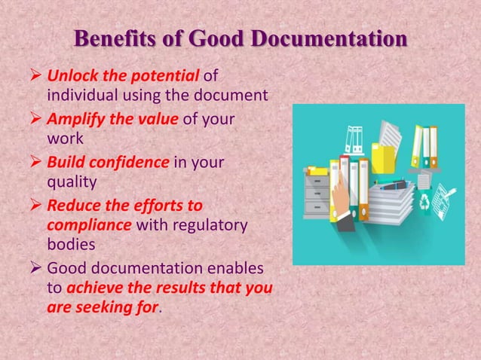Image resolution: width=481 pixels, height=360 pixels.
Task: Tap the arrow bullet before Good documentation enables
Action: pos(37,268)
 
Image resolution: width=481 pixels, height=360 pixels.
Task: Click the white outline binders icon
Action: pos(354,140)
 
